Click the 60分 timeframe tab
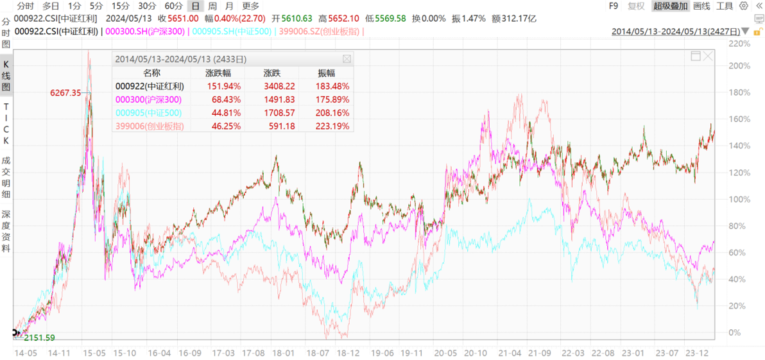point(173,6)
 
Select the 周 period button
point(211,6)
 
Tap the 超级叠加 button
point(670,6)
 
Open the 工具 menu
point(725,6)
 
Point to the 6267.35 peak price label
point(65,93)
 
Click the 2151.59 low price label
point(39,338)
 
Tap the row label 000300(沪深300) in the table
point(148,99)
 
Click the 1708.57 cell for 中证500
point(279,113)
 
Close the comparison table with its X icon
point(347,59)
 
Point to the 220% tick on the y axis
point(739,44)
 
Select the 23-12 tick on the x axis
point(698,353)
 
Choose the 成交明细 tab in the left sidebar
point(6,176)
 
